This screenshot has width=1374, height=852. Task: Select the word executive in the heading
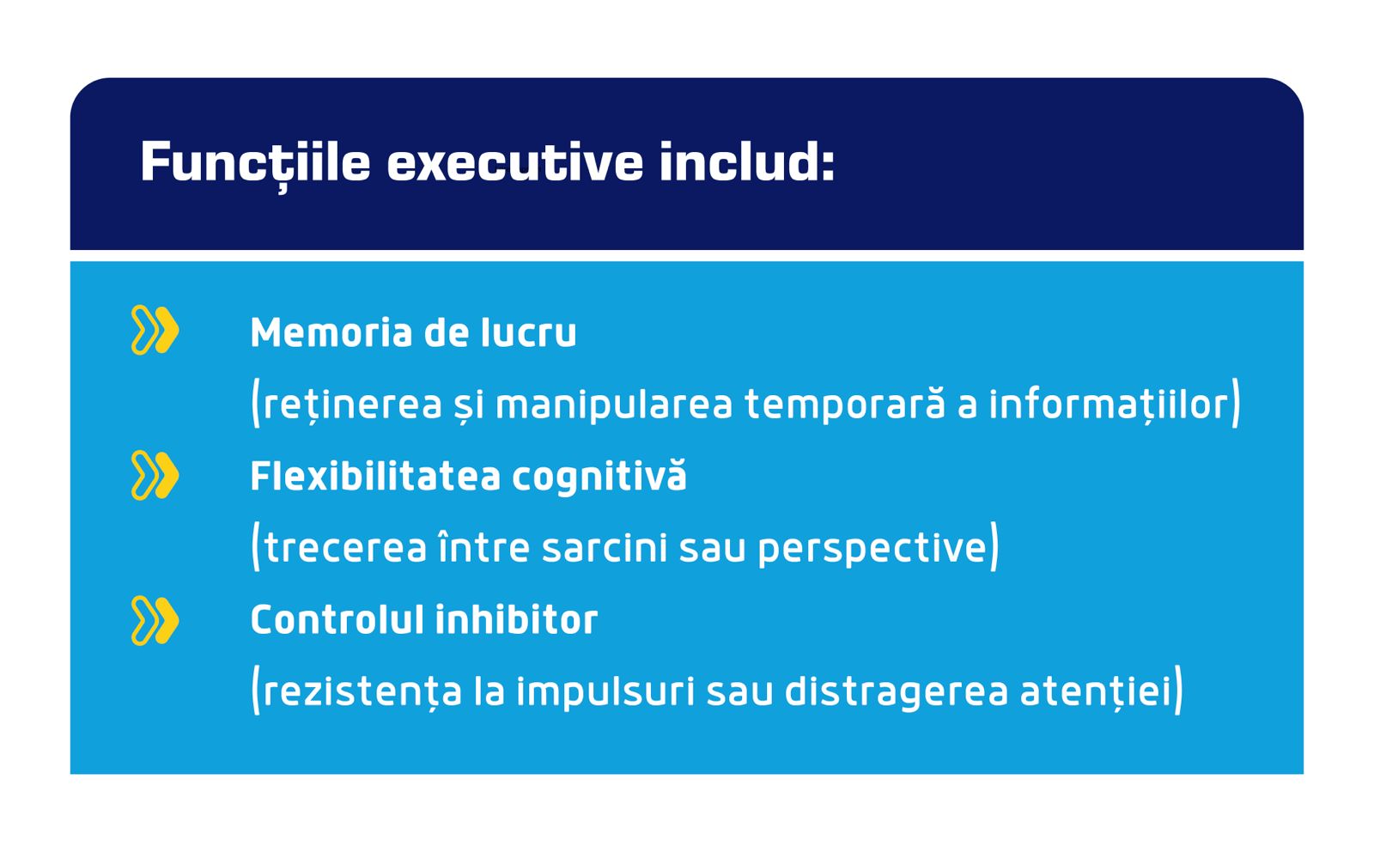[x=515, y=162]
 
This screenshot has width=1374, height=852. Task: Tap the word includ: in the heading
[x=748, y=161]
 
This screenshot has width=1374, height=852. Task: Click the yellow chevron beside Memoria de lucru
[x=155, y=330]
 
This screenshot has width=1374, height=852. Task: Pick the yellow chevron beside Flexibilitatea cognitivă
[x=155, y=475]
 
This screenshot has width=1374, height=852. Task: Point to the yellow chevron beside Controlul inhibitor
[x=155, y=620]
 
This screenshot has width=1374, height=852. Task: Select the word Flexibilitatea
[x=376, y=476]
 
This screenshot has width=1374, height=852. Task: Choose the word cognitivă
[x=599, y=478]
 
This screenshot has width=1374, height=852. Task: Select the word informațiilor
[x=1109, y=405]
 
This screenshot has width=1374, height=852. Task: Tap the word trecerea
[x=345, y=548]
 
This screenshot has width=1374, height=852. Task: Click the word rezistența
[x=362, y=692]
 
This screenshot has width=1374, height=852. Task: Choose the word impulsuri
[x=605, y=693]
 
